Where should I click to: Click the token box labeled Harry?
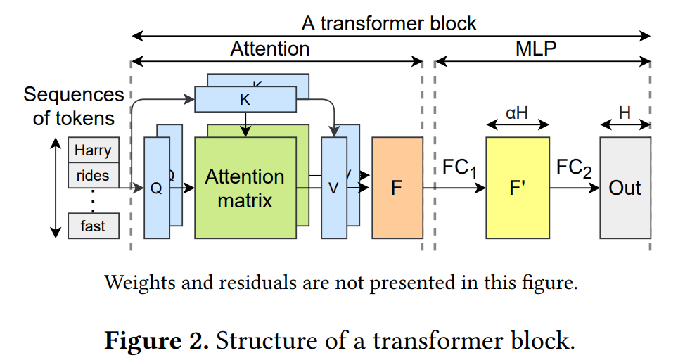coord(93,150)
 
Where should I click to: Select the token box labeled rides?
coord(93,175)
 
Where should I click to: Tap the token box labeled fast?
coord(93,226)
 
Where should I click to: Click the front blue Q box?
coord(157,188)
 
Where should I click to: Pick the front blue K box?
coord(245,99)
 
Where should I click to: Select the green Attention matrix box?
coord(245,188)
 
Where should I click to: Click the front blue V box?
coord(334,188)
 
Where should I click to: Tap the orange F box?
coord(397,188)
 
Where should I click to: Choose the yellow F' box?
coord(517,188)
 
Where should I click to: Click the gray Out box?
coord(625,188)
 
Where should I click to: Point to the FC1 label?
coord(459,169)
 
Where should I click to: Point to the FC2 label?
coord(573,169)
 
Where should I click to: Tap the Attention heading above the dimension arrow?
coord(269,49)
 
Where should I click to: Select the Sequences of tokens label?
coord(74,106)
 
